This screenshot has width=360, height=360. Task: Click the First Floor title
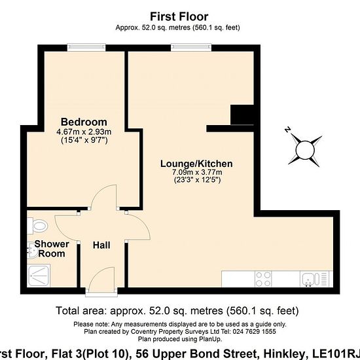179,16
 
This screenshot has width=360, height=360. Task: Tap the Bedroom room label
84,122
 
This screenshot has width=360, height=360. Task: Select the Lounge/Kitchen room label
196,164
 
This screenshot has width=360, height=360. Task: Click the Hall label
101,245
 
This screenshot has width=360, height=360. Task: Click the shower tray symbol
39,276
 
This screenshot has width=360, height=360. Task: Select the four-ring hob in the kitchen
263,279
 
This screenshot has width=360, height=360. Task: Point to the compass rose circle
305,150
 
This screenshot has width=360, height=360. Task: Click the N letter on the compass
287,130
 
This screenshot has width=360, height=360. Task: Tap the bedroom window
86,48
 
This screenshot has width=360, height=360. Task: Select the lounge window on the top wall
191,48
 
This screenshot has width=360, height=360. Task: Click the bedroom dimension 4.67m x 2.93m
84,132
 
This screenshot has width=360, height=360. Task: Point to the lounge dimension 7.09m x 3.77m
197,172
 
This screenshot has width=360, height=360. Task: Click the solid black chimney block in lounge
242,115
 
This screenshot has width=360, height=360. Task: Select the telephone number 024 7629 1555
254,332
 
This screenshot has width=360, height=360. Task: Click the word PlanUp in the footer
210,339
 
